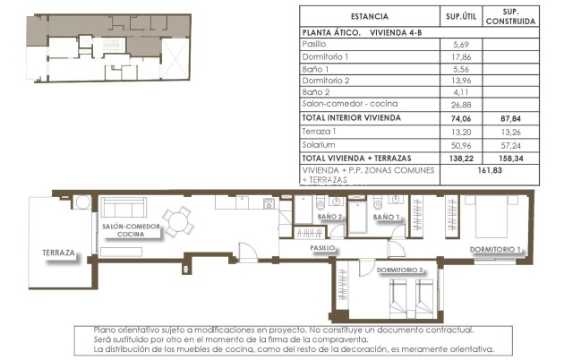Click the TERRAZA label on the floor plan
point(58,253)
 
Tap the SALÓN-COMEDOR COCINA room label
point(131,231)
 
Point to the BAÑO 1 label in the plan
point(386,217)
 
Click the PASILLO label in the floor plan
point(322,247)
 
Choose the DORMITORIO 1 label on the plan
point(495,248)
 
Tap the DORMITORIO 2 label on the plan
point(400,269)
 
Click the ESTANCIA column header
point(369,16)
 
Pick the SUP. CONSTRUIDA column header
point(511,16)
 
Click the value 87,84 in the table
point(511,117)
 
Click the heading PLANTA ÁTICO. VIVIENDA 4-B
point(363,31)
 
